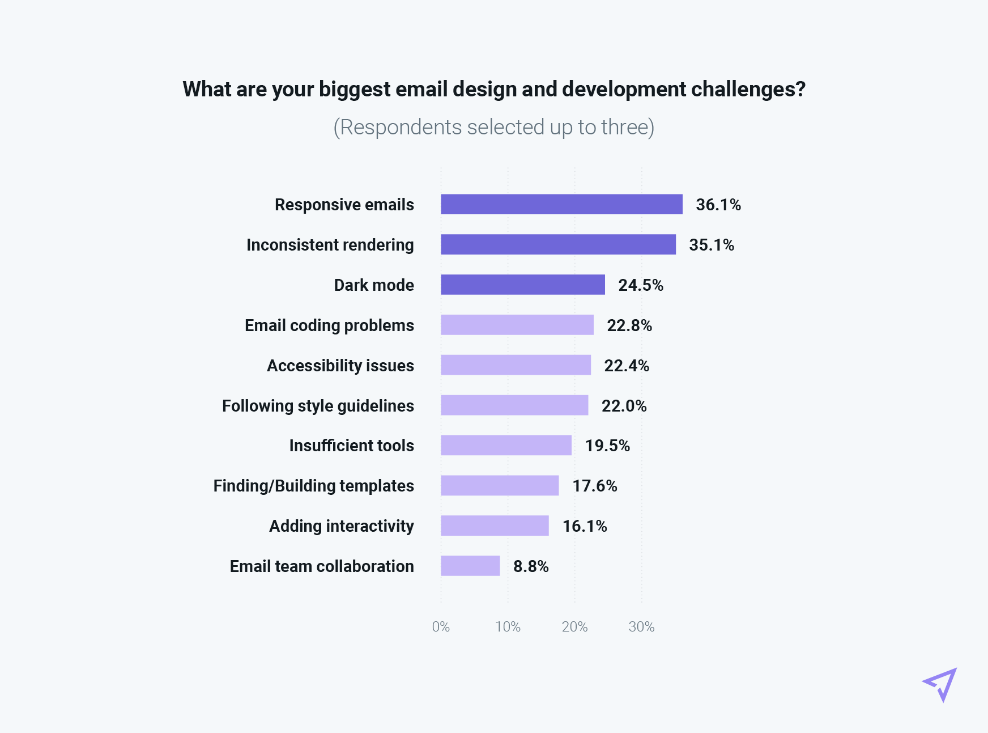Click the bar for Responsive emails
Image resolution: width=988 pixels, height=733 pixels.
point(561,204)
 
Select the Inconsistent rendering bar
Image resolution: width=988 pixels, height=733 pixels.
point(558,244)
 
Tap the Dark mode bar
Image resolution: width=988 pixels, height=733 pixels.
point(522,285)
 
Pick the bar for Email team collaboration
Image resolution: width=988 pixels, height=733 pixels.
point(470,566)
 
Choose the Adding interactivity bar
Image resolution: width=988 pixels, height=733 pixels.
point(495,526)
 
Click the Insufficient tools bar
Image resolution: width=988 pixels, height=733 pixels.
point(506,445)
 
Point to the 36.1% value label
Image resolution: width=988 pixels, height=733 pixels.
point(718,205)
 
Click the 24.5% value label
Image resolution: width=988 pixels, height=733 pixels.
point(641,285)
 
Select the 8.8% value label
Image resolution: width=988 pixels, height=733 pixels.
point(531,566)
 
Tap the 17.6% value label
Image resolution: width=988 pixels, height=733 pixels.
point(595,486)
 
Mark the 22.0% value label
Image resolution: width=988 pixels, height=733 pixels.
point(624,406)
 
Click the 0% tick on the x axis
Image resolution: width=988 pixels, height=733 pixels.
point(441,626)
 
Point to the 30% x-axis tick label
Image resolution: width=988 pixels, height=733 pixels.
point(641,626)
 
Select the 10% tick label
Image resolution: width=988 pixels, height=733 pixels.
point(508,626)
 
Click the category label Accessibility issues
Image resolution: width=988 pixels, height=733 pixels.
point(340,366)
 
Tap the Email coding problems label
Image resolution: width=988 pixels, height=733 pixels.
point(329,325)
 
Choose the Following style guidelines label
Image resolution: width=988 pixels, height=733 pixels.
point(318,406)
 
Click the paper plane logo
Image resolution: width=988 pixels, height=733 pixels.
point(940,684)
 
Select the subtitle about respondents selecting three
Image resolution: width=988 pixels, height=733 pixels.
point(493,128)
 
